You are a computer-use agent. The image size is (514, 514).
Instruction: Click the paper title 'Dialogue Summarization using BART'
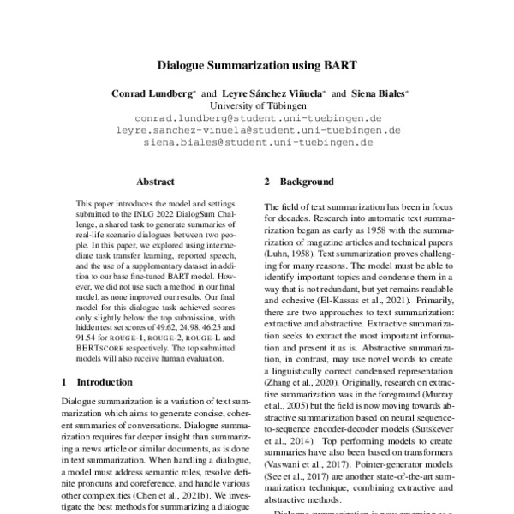click(x=257, y=63)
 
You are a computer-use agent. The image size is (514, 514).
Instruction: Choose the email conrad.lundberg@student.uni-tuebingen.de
click(x=257, y=117)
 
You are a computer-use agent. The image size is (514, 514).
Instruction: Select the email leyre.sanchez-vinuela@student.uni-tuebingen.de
click(x=257, y=130)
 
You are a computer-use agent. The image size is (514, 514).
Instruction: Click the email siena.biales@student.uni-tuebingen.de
click(x=257, y=143)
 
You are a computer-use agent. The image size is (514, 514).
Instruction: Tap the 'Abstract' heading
click(x=155, y=182)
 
